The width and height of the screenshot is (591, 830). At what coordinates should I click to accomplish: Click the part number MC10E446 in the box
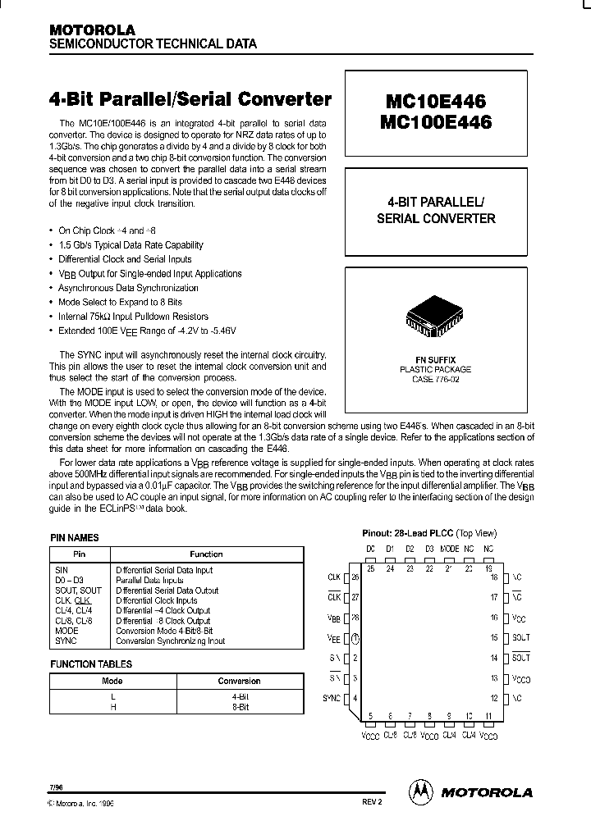coord(434,101)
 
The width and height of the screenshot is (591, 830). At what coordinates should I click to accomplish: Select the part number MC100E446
coord(434,122)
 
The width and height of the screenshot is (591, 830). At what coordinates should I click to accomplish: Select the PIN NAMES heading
coord(75,538)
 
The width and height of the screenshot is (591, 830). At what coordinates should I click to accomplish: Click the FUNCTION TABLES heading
coord(91,664)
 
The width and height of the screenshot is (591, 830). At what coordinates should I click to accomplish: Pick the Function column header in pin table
coord(206,554)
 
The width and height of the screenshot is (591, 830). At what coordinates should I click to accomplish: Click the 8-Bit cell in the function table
coord(239,704)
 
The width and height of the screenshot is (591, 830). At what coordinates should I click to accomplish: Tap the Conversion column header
coord(239,681)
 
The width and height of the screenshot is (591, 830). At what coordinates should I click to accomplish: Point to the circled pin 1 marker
coord(355,637)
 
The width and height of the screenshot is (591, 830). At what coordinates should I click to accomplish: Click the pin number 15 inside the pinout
coord(494,637)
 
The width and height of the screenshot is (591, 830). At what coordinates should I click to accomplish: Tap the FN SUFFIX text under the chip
coord(435,360)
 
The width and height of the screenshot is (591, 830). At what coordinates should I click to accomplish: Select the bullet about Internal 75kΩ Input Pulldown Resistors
coord(133,317)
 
